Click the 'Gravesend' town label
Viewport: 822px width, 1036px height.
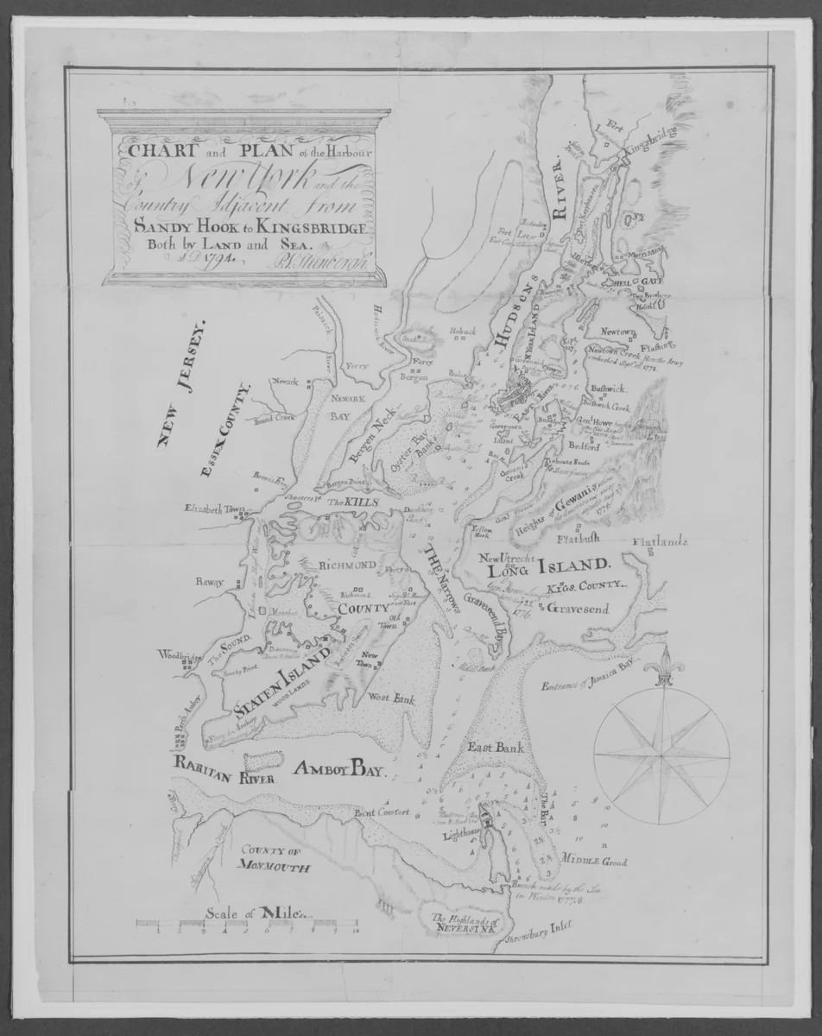click(x=578, y=609)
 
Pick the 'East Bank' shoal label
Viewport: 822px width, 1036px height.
click(x=490, y=749)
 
